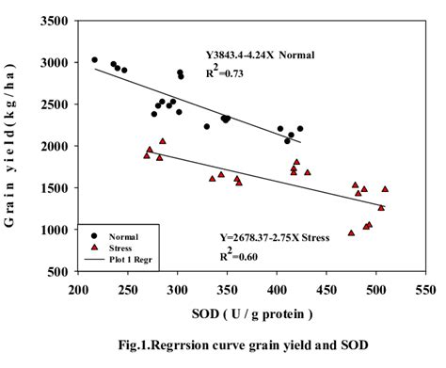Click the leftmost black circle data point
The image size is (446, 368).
coord(95,60)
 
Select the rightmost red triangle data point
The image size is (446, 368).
coord(385,189)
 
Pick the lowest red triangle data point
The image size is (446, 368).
coord(352,232)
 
